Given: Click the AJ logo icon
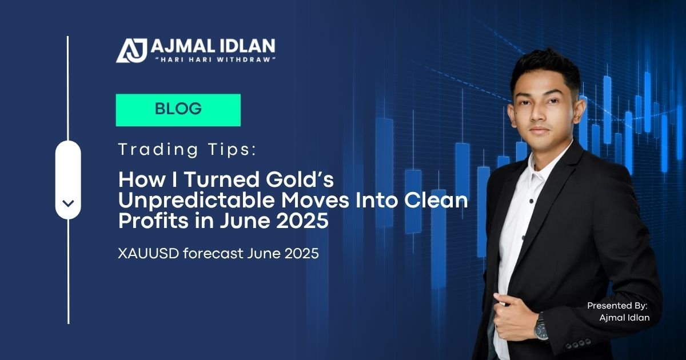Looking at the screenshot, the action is click(x=131, y=50).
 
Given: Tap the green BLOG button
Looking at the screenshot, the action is click(x=178, y=110).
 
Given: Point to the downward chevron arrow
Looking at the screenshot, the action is click(x=68, y=203).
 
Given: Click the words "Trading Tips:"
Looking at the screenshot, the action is click(x=187, y=150).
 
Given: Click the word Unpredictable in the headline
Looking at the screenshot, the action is click(x=197, y=200).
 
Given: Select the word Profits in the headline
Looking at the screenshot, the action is click(x=153, y=221).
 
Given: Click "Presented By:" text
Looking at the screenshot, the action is click(x=617, y=306).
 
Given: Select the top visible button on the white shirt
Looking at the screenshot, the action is click(x=531, y=201).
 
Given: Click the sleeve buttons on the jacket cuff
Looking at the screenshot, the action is click(x=578, y=343).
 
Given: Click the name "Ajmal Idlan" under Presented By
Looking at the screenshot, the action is click(x=624, y=318).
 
